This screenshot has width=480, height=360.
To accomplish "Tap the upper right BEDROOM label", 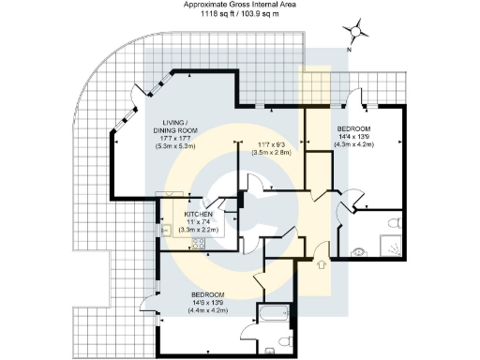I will coord(355,127).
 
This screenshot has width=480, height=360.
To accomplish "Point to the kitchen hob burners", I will coord(199,244).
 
